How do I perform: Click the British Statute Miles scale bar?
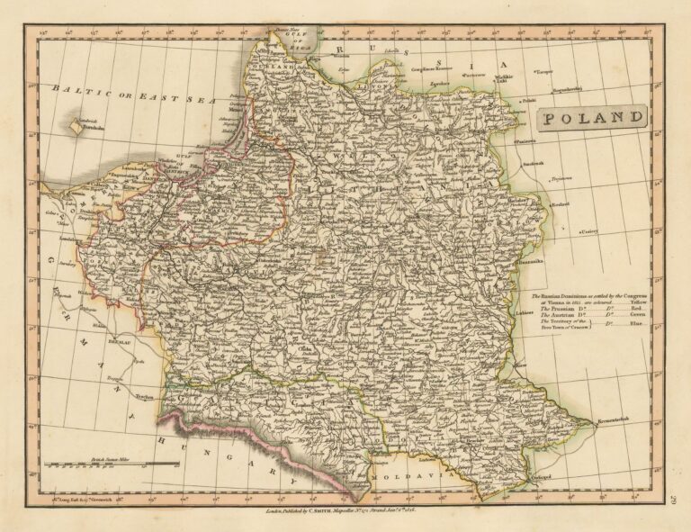(x=112, y=464)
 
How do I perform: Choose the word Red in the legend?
(x=634, y=310)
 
